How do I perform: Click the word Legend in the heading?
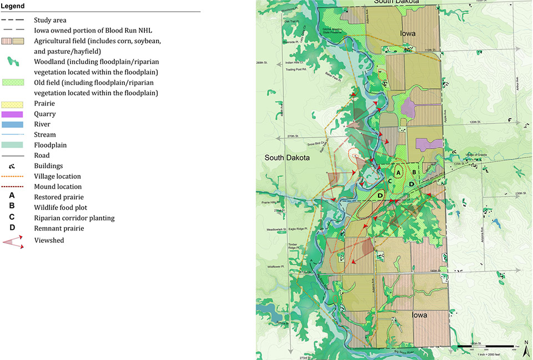click(x=16, y=6)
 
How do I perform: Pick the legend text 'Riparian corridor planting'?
click(x=82, y=218)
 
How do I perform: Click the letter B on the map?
click(x=415, y=172)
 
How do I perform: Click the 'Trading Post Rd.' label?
click(x=271, y=85)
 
